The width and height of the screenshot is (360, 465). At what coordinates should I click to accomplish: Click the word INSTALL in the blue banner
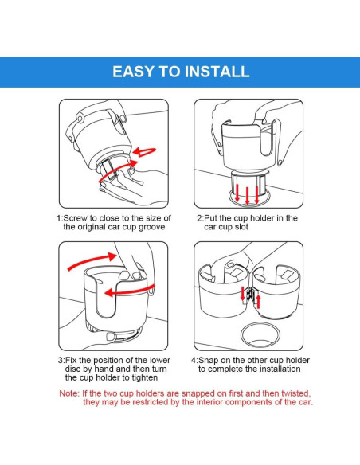click(217, 72)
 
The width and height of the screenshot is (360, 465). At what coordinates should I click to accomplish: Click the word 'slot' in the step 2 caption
click(241, 227)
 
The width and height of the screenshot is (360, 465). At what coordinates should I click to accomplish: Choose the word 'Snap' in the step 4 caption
click(207, 361)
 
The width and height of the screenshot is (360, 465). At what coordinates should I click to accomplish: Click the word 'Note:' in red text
click(69, 393)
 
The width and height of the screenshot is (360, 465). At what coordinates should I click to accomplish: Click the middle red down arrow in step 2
click(248, 195)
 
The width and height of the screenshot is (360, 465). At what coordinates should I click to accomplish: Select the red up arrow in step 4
click(258, 301)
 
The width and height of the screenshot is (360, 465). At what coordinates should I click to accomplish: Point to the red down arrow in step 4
click(243, 294)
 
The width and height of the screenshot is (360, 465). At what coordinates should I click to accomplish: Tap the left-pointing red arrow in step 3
click(129, 292)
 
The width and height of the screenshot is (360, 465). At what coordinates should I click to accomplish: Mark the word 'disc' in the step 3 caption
click(72, 369)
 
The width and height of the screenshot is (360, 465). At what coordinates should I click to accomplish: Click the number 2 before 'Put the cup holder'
click(199, 218)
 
